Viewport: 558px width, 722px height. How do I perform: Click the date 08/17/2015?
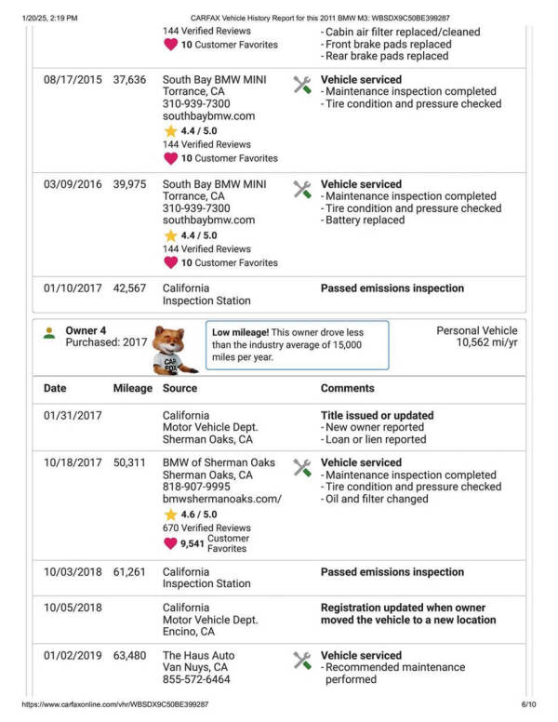(x=72, y=80)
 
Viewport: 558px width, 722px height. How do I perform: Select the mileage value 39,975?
(x=129, y=184)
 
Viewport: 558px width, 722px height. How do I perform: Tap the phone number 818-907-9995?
(x=196, y=487)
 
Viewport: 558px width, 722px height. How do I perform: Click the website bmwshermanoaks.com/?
(x=221, y=499)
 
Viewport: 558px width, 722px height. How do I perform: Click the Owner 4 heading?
(x=86, y=330)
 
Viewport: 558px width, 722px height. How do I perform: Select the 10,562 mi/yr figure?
(x=486, y=342)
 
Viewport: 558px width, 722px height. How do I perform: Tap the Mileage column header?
(x=132, y=388)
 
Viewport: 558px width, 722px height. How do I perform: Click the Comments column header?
(x=348, y=388)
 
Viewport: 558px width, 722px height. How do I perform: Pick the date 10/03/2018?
(x=72, y=572)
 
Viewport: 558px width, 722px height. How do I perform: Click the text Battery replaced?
(x=365, y=221)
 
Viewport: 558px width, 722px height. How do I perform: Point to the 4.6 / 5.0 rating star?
(x=170, y=514)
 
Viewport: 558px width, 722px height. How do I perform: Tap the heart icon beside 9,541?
(x=170, y=543)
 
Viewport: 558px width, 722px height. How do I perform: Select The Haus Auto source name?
(x=199, y=656)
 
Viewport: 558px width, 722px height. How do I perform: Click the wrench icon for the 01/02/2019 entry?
(x=302, y=661)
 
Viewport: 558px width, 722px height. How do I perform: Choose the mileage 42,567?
(x=129, y=288)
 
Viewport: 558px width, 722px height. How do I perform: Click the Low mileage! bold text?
(x=243, y=332)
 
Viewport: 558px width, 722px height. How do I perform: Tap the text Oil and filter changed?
(x=377, y=499)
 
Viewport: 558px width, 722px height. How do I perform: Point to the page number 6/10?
(x=529, y=705)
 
